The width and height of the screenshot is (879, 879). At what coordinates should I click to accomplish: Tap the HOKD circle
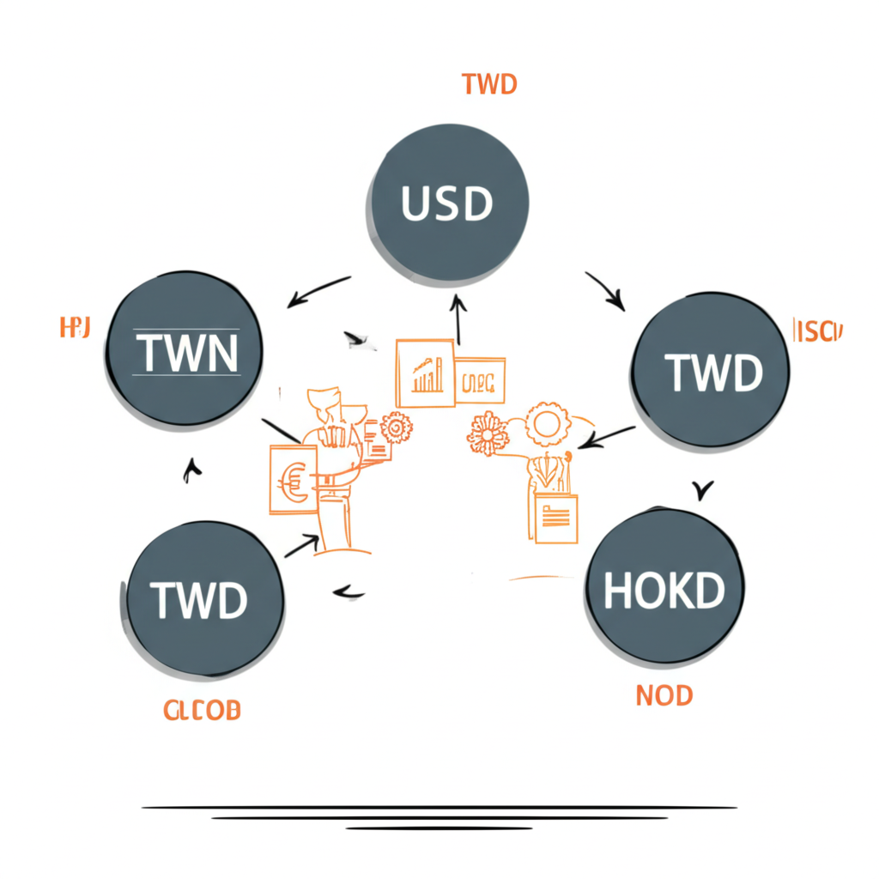664,589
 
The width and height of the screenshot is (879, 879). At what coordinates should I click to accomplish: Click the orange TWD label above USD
488,85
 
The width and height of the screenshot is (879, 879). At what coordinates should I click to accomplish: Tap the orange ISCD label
818,331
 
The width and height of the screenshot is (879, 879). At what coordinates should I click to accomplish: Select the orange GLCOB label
202,711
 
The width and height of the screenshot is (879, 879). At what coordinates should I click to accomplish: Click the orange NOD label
664,695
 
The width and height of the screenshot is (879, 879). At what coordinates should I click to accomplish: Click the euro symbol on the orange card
292,481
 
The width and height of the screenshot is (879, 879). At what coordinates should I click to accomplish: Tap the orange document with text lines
556,518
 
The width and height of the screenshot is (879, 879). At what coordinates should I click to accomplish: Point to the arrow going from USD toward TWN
318,291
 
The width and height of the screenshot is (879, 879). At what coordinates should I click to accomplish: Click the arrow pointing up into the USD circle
458,317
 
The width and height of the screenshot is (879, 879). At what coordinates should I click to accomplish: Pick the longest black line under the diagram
439,807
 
